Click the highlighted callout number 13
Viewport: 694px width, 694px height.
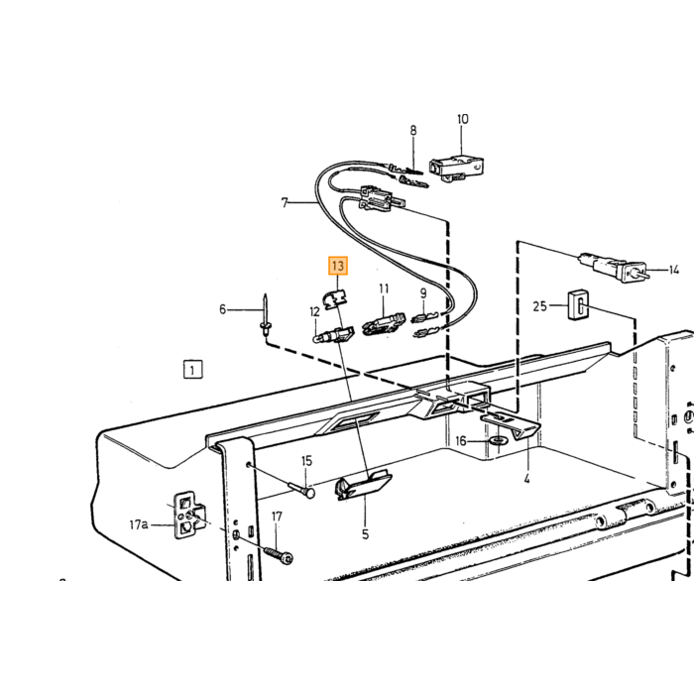(338, 266)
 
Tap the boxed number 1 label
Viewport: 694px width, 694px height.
(192, 370)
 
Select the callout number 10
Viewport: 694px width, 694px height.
(462, 119)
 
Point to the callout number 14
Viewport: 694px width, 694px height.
(673, 270)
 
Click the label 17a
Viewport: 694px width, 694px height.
(138, 524)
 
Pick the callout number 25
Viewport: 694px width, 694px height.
(539, 305)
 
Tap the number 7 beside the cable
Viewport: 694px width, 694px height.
(285, 202)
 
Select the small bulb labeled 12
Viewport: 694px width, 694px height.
(332, 335)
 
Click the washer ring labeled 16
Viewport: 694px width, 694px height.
(498, 441)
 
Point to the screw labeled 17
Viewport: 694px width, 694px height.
(279, 555)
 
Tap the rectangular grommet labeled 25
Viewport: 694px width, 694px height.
(578, 304)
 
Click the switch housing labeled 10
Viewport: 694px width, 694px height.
(457, 168)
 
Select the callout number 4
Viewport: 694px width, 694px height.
(526, 479)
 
